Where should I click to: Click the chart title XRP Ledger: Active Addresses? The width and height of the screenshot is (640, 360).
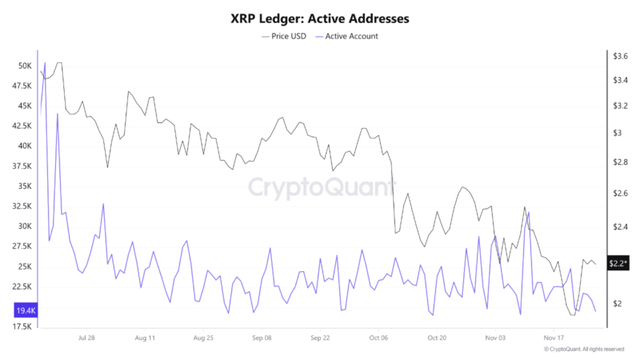click(320, 17)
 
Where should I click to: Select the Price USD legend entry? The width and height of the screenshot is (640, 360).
click(286, 36)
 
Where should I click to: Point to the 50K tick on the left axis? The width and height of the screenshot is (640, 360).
click(24, 66)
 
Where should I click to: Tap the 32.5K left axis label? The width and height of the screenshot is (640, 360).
click(21, 206)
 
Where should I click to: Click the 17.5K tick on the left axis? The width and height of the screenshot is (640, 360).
click(21, 326)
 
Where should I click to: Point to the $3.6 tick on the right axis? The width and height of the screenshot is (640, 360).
click(620, 56)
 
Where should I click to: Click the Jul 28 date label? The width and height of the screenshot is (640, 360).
click(89, 338)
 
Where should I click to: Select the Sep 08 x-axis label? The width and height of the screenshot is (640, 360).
click(262, 338)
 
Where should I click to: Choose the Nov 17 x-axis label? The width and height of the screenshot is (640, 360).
click(555, 338)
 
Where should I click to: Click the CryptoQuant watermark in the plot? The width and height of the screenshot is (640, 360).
click(320, 187)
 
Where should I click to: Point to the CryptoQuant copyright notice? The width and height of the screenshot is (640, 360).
click(583, 350)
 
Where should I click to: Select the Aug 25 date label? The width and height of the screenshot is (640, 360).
click(205, 338)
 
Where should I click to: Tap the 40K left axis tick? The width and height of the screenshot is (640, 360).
click(24, 146)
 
